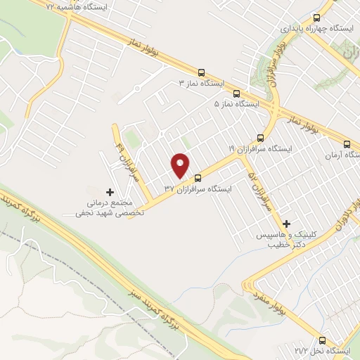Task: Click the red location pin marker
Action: (181, 165)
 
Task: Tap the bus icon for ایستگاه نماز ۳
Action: (202, 72)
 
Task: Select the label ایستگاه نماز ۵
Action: (237, 103)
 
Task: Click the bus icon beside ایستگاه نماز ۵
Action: (236, 92)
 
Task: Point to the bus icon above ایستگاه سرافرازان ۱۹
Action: (261, 137)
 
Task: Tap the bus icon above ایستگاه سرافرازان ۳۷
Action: (198, 178)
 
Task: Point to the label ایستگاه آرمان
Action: (339, 153)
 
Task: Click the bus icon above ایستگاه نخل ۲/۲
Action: (323, 338)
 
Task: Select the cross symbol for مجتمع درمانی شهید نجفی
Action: (109, 191)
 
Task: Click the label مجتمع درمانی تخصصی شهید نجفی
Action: (109, 207)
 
